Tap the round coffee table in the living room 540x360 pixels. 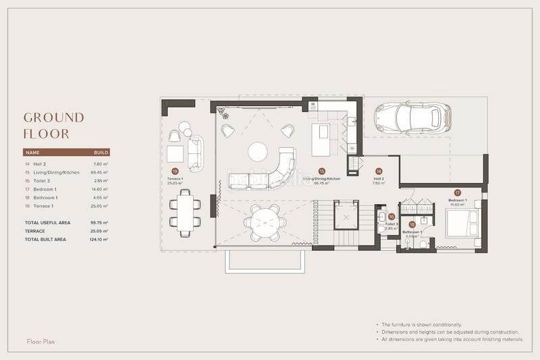coord(257,151)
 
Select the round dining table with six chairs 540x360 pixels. coord(261,222)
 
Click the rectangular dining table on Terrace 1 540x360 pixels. coord(185,211)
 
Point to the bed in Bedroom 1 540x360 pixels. coord(462,223)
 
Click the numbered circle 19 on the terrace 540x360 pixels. coord(175,172)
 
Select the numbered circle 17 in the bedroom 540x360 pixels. coord(457,192)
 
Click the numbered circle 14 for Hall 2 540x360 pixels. coord(379,172)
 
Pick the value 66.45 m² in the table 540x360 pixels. coord(101,173)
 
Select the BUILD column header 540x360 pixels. coord(101,153)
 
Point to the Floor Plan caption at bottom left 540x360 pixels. coord(40,341)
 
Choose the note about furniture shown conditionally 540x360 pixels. coord(421,325)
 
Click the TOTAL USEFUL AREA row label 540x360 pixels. coord(47,222)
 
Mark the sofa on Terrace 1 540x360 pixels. coord(195,154)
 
